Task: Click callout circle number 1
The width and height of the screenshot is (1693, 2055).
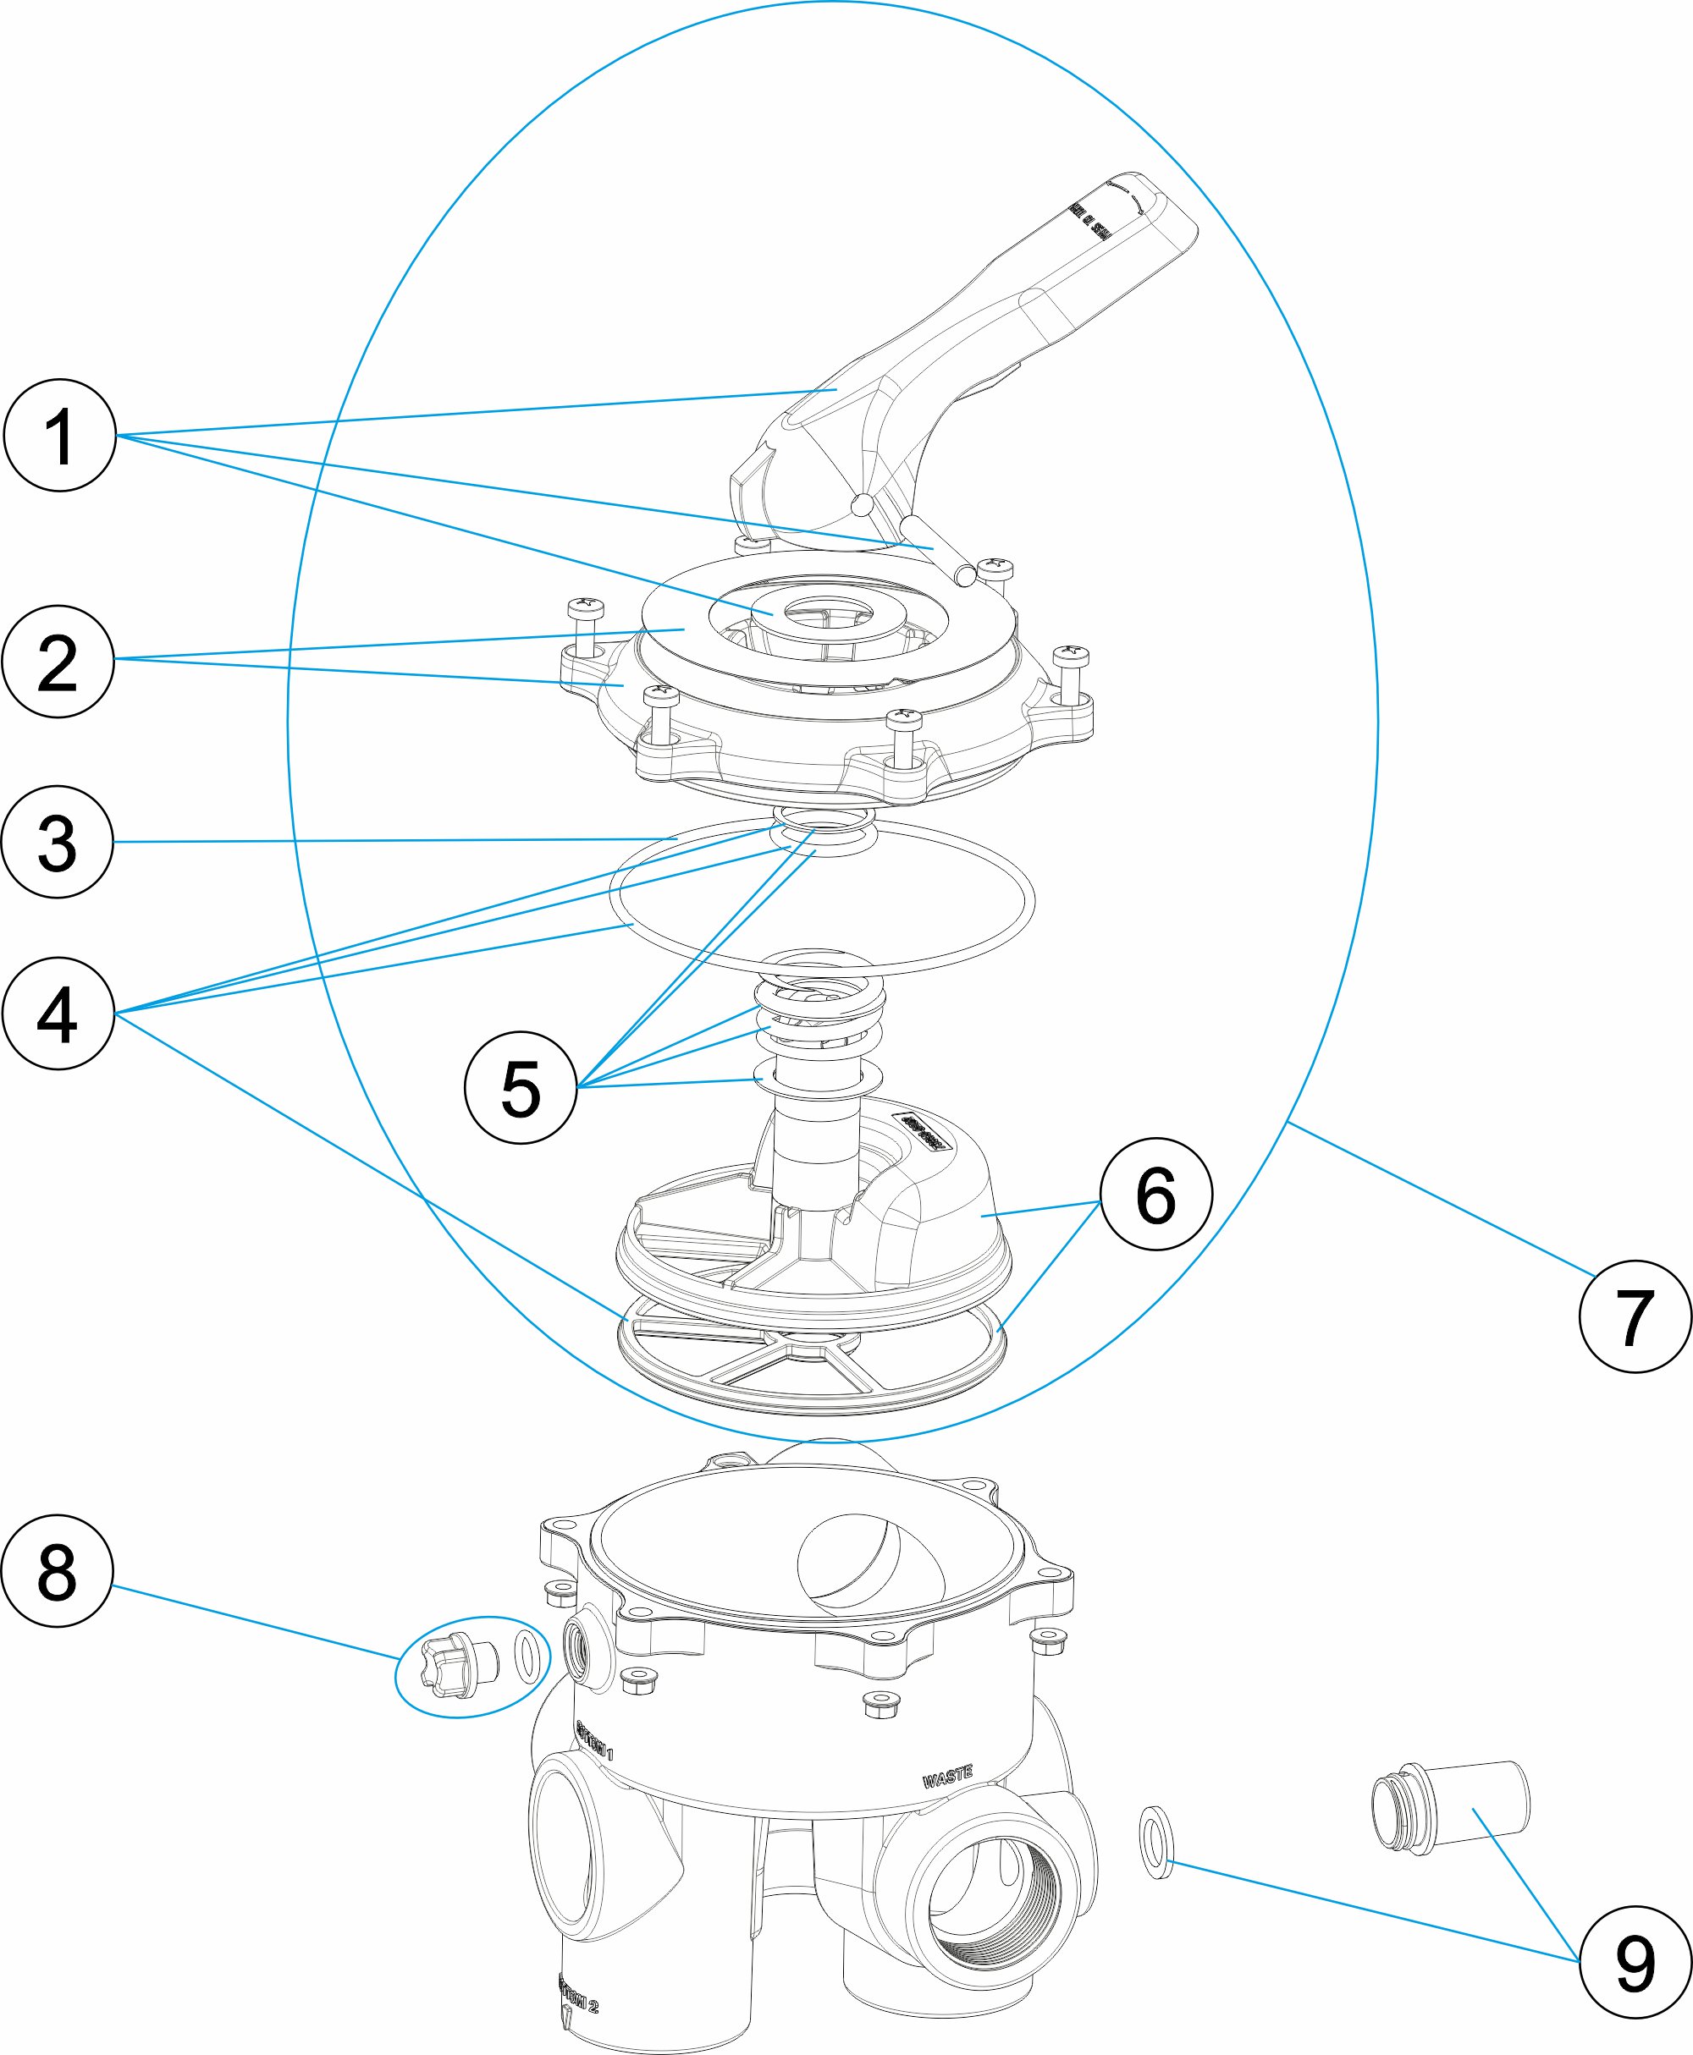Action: pyautogui.click(x=60, y=435)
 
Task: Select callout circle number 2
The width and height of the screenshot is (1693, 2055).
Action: pyautogui.click(x=58, y=661)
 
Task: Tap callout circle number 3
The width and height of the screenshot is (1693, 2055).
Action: pyautogui.click(x=58, y=841)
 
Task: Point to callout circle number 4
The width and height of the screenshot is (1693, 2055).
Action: pyautogui.click(x=58, y=1013)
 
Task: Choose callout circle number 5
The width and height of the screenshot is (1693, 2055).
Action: pyautogui.click(x=521, y=1087)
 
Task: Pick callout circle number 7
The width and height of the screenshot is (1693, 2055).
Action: pyautogui.click(x=1635, y=1316)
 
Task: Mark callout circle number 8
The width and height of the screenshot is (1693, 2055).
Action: pyautogui.click(x=58, y=1570)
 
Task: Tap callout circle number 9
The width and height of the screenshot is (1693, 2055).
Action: pyautogui.click(x=1635, y=1961)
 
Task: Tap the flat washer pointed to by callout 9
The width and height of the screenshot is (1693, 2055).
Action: pyautogui.click(x=1156, y=1842)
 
